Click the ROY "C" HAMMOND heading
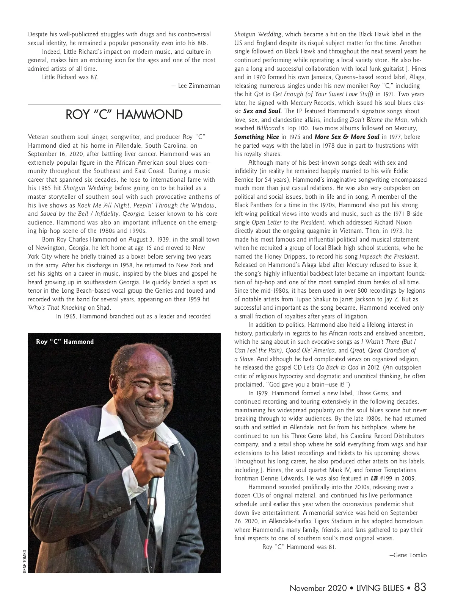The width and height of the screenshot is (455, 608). click(124, 114)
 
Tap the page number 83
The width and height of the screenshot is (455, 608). click(420, 587)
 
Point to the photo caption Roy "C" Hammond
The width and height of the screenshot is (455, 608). click(65, 342)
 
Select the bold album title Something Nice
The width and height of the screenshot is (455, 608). click(257, 137)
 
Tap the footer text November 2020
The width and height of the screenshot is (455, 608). click(318, 588)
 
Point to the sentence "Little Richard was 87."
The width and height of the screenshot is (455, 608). click(70, 77)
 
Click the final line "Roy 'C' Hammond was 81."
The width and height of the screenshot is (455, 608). click(299, 547)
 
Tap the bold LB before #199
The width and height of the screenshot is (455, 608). click(374, 479)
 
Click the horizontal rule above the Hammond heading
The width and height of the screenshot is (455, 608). click(124, 104)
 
